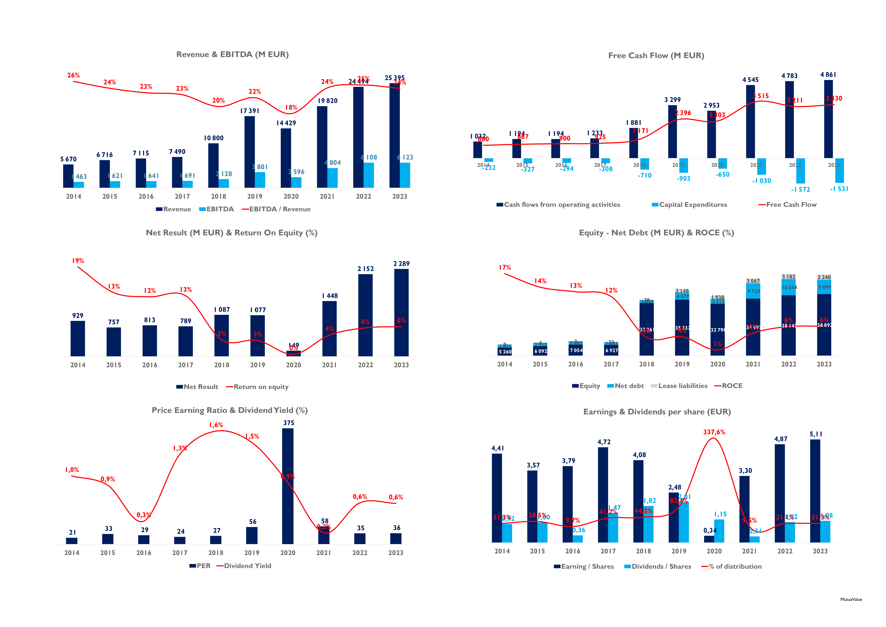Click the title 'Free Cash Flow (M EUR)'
[656, 56]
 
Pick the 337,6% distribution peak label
[714, 432]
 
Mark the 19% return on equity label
[78, 261]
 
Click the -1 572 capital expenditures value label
[800, 190]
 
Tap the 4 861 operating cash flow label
[828, 75]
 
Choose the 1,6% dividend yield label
[216, 425]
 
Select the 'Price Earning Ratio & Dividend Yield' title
[230, 410]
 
